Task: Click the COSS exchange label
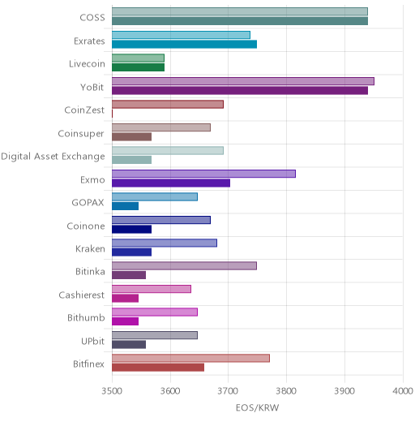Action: click(x=92, y=18)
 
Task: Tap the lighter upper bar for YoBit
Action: click(x=243, y=81)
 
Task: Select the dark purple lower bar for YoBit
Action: click(x=240, y=91)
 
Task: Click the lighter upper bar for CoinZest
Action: click(x=168, y=105)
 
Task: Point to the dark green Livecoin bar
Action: click(x=139, y=67)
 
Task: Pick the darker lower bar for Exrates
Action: click(x=185, y=45)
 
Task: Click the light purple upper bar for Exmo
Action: click(x=204, y=174)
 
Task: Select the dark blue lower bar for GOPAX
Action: click(x=126, y=206)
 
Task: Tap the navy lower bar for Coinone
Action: click(x=132, y=230)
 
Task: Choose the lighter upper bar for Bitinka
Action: click(x=185, y=266)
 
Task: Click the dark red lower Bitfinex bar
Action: click(x=158, y=368)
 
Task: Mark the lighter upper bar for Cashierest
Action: click(x=152, y=289)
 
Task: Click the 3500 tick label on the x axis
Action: click(x=112, y=391)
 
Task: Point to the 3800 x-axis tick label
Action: click(x=286, y=391)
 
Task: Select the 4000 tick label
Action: click(x=403, y=391)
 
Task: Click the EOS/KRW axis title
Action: click(x=257, y=407)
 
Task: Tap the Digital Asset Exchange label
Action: click(x=53, y=157)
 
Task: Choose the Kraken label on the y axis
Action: click(x=90, y=249)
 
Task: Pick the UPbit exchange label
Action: click(x=93, y=342)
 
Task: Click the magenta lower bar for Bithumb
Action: click(x=126, y=321)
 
